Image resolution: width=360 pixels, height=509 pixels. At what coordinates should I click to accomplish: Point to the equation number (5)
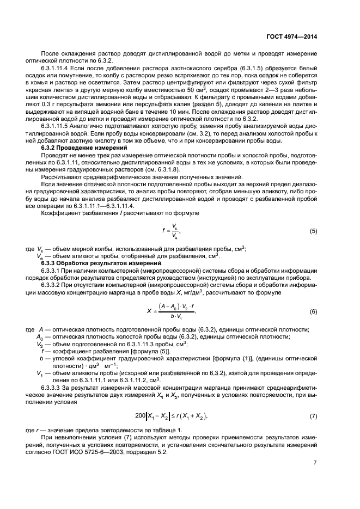coord(313,231)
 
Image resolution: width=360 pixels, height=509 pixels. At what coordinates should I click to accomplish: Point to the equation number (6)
coord(313,311)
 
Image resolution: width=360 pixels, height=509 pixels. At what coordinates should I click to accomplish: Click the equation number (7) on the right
coord(313,401)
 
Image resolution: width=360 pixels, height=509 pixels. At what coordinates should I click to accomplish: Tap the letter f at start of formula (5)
coord(163,231)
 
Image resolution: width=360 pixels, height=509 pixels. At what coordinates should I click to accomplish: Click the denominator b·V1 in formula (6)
coord(175,317)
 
